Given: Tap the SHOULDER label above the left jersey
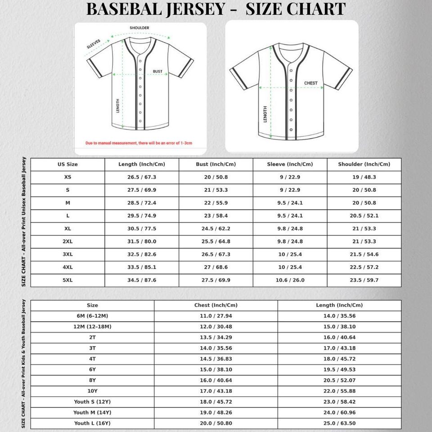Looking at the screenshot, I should point(139,28).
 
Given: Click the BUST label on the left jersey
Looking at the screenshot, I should point(157,72).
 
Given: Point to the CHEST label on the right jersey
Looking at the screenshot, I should point(310,83).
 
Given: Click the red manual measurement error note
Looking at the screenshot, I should point(139,143).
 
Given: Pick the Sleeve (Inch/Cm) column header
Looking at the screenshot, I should point(290,164).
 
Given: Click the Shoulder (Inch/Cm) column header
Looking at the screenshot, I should point(364,164).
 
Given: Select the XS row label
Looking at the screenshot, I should point(67,177).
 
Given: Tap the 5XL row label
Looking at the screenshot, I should point(67,280).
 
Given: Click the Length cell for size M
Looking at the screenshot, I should point(142,203).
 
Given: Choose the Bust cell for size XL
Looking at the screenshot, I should point(216,229).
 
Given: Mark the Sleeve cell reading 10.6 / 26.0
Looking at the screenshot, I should point(290,280).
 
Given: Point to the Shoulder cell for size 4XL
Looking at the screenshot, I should point(364,267).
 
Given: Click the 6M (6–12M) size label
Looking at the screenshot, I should point(92,316).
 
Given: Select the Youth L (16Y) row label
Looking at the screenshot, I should point(92,423).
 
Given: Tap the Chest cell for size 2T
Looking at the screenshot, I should point(216,337).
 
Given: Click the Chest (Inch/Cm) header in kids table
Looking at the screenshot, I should point(216,305).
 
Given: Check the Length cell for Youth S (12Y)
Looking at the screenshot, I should point(339,402).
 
